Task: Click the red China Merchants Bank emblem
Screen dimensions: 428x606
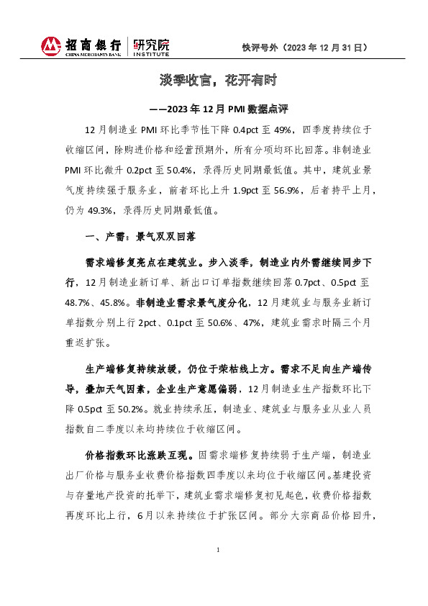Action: [x=51, y=46]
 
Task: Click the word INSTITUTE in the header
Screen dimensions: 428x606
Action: [x=151, y=54]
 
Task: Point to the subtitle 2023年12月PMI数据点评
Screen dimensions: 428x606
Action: [x=226, y=110]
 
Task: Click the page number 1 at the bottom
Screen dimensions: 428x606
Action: [x=217, y=570]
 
